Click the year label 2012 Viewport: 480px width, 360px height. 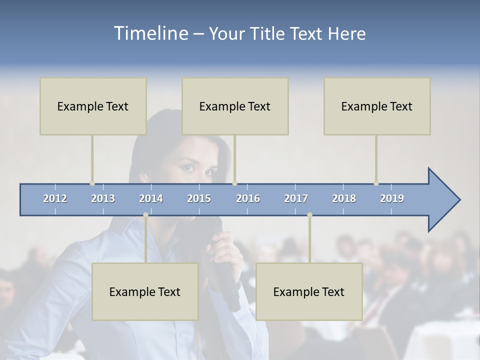pos(55,198)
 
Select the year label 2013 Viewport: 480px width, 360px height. pos(103,198)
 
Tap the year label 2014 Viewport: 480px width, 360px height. pos(151,198)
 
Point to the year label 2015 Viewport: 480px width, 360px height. pos(199,198)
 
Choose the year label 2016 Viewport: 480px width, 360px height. pos(248,198)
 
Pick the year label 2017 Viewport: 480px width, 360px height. pos(296,198)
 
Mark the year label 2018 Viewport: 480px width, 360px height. pos(344,198)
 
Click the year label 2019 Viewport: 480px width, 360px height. pos(392,198)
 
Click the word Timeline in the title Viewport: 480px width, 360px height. pos(150,33)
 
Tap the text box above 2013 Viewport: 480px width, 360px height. pos(93,106)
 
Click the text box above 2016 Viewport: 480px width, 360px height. pos(235,106)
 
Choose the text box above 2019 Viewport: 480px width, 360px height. pos(377,106)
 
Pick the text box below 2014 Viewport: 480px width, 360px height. pos(145,291)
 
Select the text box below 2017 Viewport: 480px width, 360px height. pos(309,291)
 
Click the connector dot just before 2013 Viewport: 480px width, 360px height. pos(92,183)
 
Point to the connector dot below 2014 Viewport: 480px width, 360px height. pos(145,215)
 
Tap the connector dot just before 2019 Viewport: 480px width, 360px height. pos(376,183)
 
